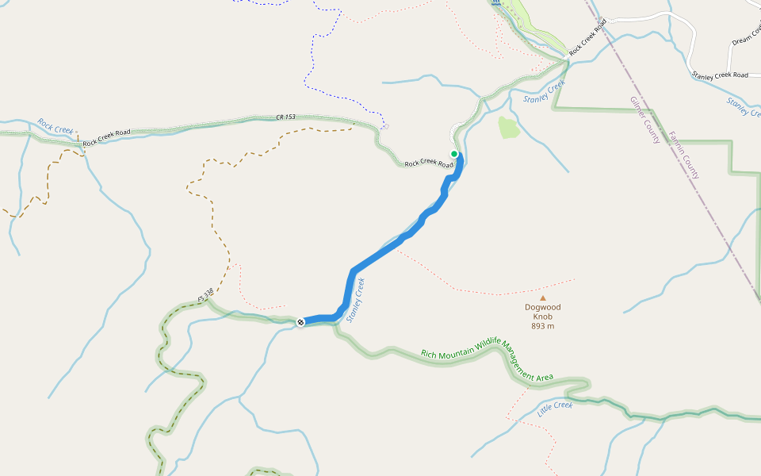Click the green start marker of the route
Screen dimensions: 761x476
454,154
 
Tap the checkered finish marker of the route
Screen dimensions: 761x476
300,322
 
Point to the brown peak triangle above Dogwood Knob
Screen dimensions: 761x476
543,298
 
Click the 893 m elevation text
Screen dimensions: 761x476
542,326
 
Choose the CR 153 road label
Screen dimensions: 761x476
286,117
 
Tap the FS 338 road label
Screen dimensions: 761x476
206,295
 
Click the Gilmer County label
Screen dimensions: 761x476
645,121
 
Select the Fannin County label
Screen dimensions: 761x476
684,155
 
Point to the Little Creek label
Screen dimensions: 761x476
555,409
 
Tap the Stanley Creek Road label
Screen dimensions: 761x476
720,75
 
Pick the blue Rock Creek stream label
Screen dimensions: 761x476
55,126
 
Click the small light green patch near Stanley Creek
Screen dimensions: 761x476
508,127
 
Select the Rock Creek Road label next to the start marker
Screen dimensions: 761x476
429,163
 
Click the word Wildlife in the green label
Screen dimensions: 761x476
491,348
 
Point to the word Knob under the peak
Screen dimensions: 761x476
542,317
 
